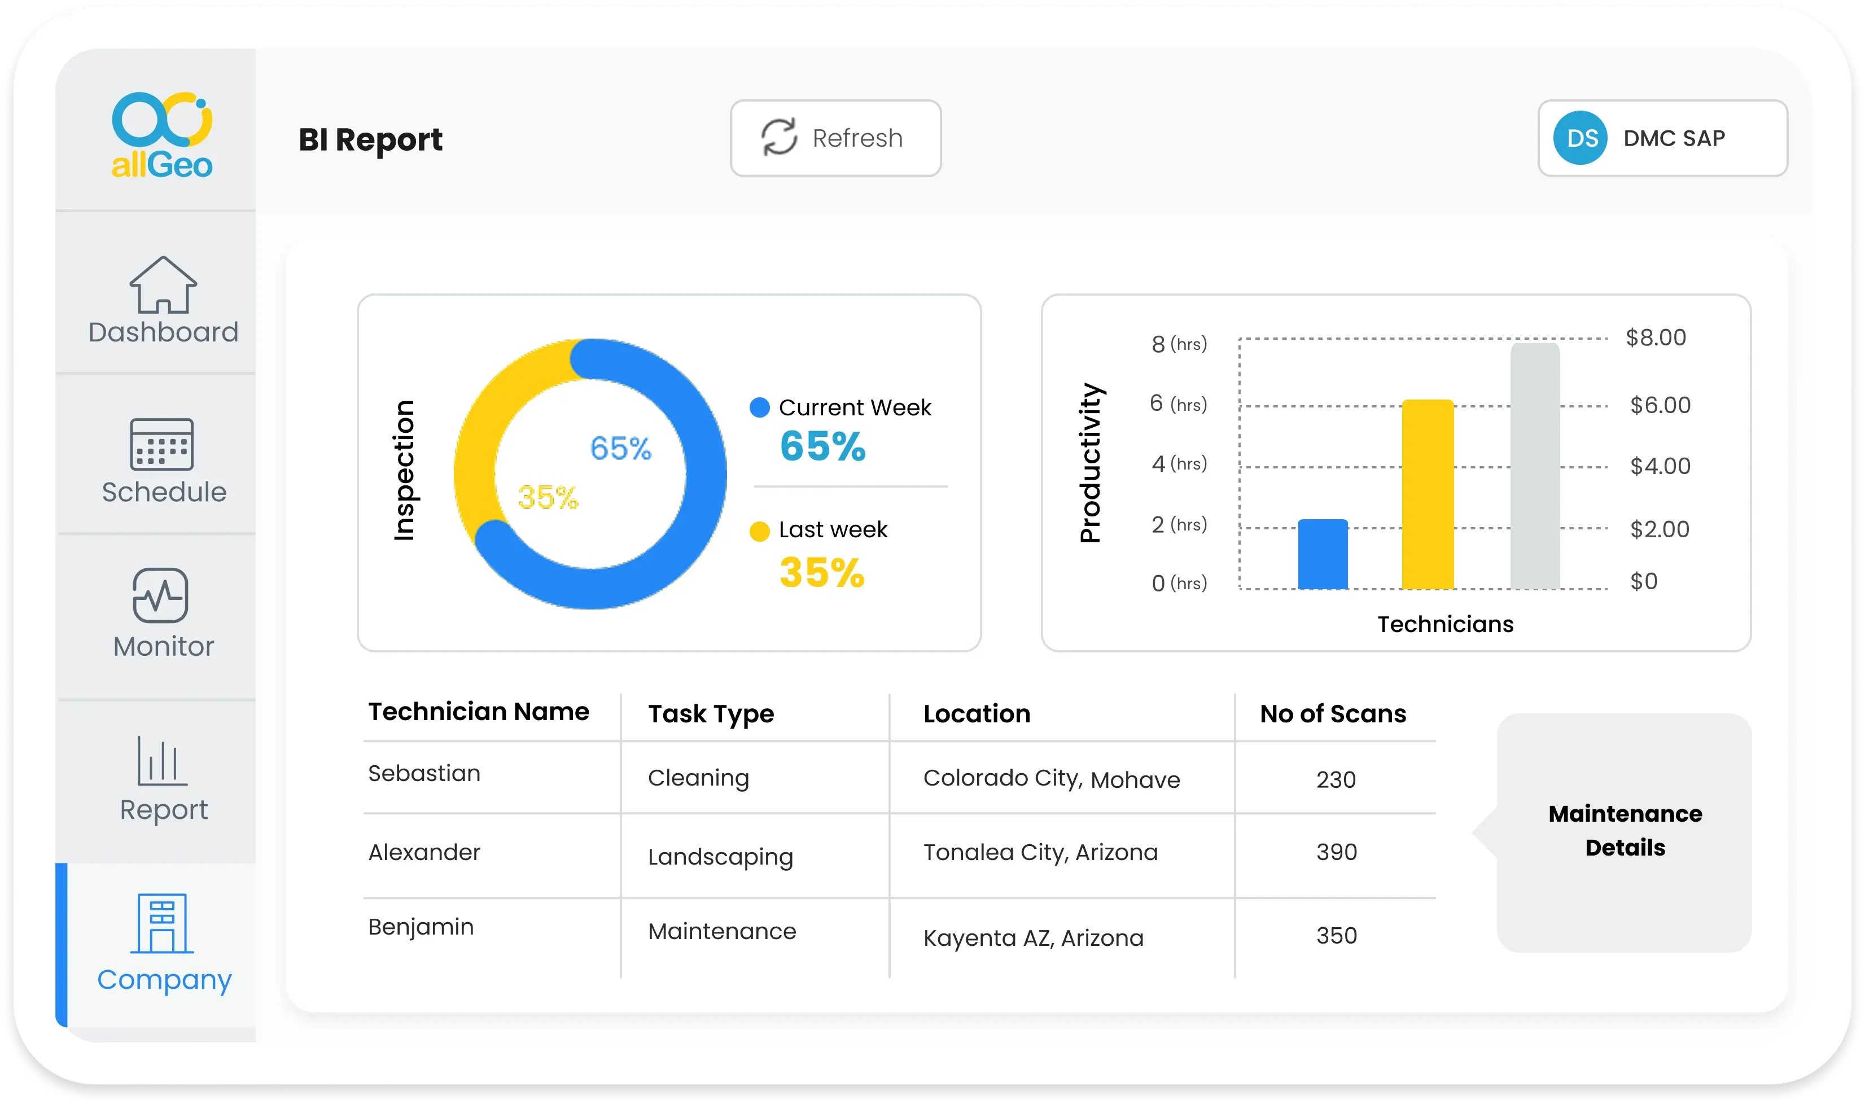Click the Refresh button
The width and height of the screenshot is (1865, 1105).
(x=835, y=138)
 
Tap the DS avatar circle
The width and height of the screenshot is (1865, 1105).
(x=1580, y=138)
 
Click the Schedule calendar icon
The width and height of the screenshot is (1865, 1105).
(x=161, y=445)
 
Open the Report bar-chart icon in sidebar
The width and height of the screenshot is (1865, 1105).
(x=161, y=760)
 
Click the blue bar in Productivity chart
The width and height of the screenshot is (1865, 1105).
(x=1323, y=554)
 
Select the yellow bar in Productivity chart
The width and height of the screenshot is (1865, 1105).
(x=1428, y=494)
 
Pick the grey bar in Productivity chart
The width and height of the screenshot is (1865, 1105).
(x=1535, y=466)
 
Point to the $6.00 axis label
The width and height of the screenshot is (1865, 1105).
(x=1660, y=405)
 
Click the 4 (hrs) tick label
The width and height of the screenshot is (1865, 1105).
(x=1179, y=464)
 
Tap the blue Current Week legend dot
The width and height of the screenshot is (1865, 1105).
(x=760, y=408)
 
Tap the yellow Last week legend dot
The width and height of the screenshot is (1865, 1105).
(x=760, y=531)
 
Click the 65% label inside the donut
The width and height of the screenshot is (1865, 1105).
(x=620, y=448)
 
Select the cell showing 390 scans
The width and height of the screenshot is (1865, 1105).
(x=1336, y=852)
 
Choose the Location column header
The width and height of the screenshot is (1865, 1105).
(x=977, y=714)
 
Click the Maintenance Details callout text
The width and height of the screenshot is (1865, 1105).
(x=1625, y=831)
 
